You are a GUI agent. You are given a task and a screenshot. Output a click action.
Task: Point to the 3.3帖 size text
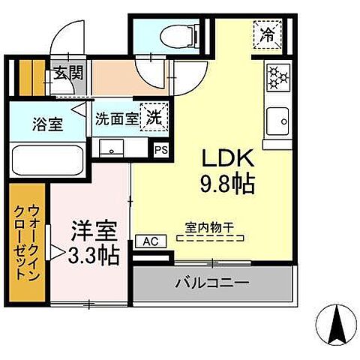(92, 256)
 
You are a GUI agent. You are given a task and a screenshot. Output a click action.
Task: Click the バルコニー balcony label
(211, 284)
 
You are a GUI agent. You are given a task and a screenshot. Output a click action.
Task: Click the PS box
(160, 149)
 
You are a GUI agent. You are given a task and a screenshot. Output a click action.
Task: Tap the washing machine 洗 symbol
(154, 118)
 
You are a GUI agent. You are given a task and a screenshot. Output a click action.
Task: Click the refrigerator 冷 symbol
(268, 32)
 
